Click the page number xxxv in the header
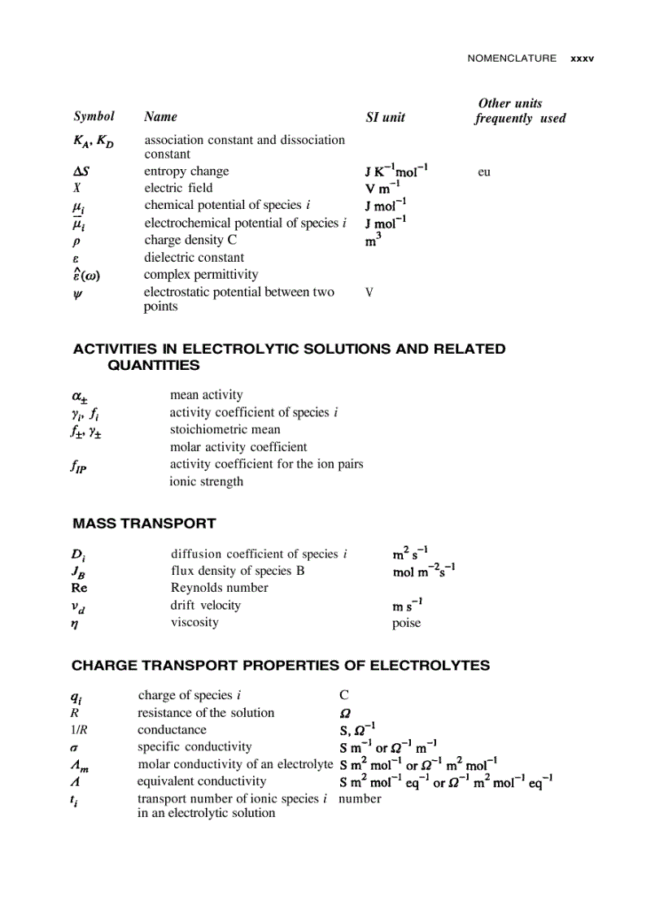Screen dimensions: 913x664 point(582,59)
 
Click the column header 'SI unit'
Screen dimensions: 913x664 point(385,117)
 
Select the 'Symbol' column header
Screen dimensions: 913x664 point(94,116)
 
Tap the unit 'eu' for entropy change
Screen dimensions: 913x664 point(484,172)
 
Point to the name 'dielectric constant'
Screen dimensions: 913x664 point(194,258)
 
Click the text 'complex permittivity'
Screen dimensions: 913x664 point(201,275)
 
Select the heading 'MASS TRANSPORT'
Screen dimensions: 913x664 point(144,524)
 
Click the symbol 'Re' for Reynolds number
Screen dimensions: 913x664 point(79,588)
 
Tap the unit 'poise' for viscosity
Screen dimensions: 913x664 point(406,624)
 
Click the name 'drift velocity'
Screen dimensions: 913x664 point(205,606)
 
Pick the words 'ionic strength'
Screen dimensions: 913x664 point(206,481)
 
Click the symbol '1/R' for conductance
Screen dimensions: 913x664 point(79,730)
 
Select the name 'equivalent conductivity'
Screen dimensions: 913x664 point(201,781)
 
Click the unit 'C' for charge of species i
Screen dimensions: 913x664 point(344,696)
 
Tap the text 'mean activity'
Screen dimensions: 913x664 point(206,395)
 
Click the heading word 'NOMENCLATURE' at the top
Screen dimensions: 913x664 point(512,59)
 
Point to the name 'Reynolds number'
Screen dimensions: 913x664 point(219,588)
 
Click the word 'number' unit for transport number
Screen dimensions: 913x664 point(360,799)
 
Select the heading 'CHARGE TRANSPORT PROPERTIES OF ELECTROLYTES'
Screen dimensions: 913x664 point(281,666)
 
